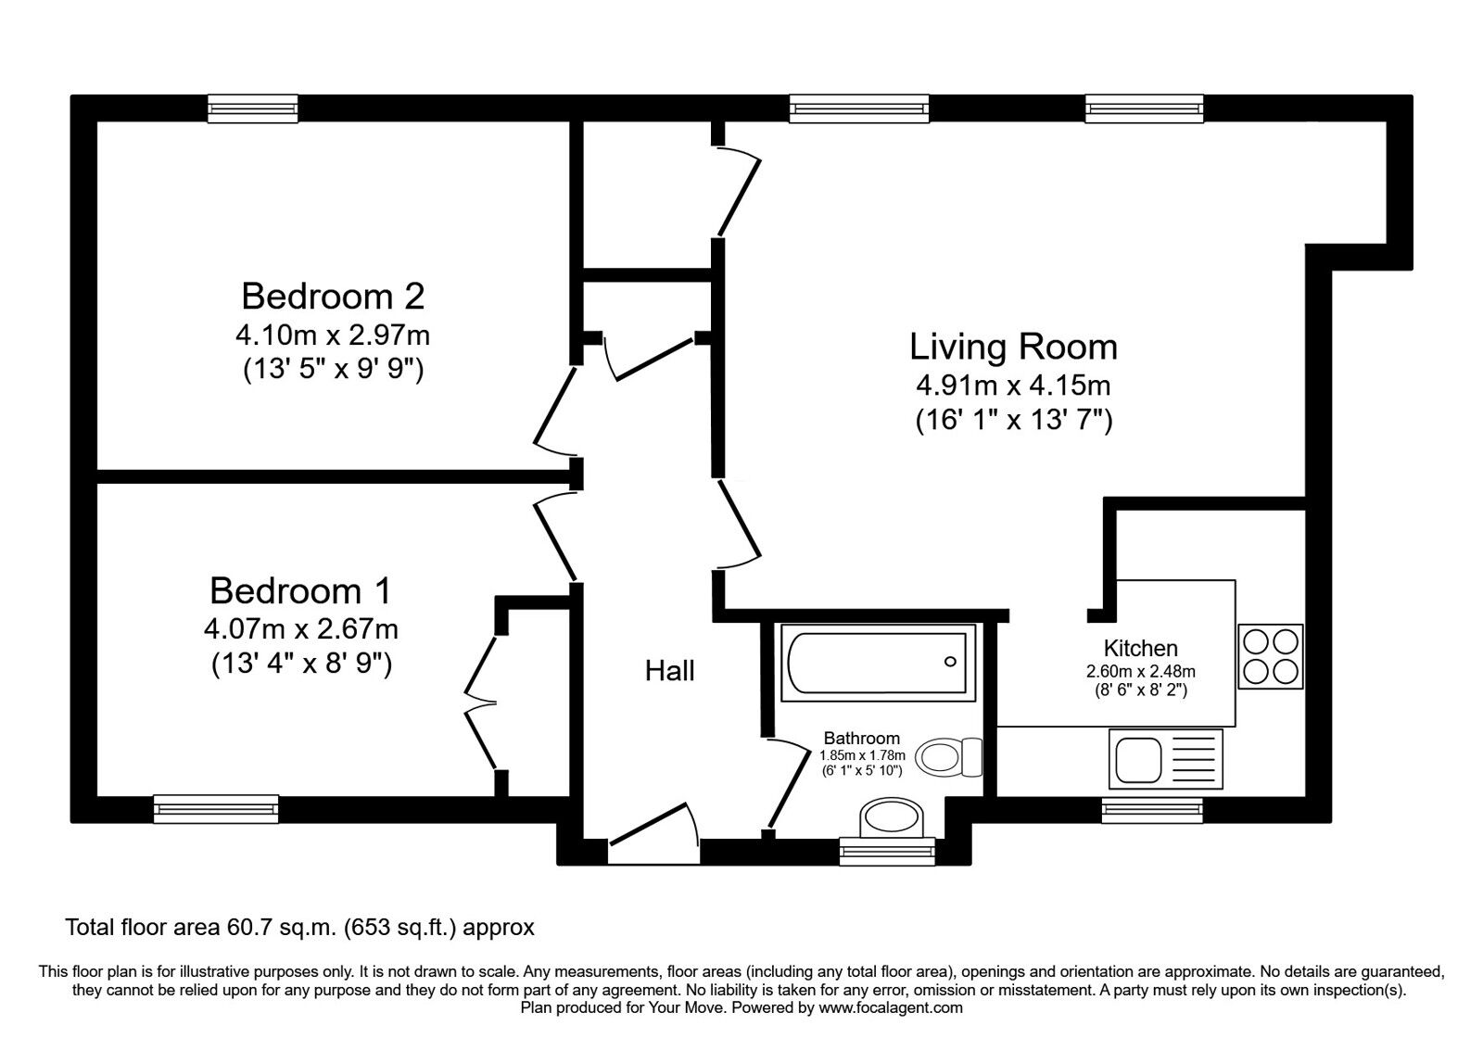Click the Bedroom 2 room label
(333, 297)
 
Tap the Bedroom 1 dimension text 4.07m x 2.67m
(301, 629)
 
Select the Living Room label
(1013, 347)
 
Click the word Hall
(669, 671)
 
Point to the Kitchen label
(1140, 649)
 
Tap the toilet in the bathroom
(951, 757)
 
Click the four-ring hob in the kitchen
(1271, 656)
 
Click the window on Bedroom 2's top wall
(253, 108)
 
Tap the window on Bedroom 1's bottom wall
(216, 808)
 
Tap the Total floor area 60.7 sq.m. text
(298, 927)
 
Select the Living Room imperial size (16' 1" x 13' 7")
(1013, 421)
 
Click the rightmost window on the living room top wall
(1144, 108)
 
